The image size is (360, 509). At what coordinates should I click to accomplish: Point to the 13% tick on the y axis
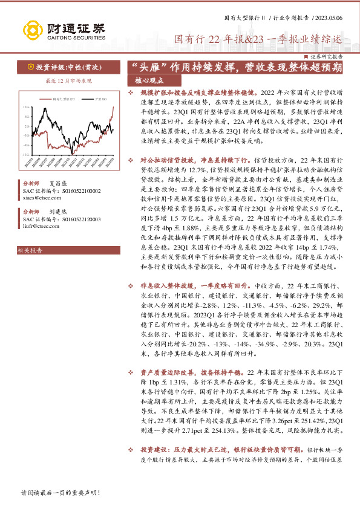point(27,106)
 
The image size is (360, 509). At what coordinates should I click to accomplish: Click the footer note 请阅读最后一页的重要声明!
point(59,493)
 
